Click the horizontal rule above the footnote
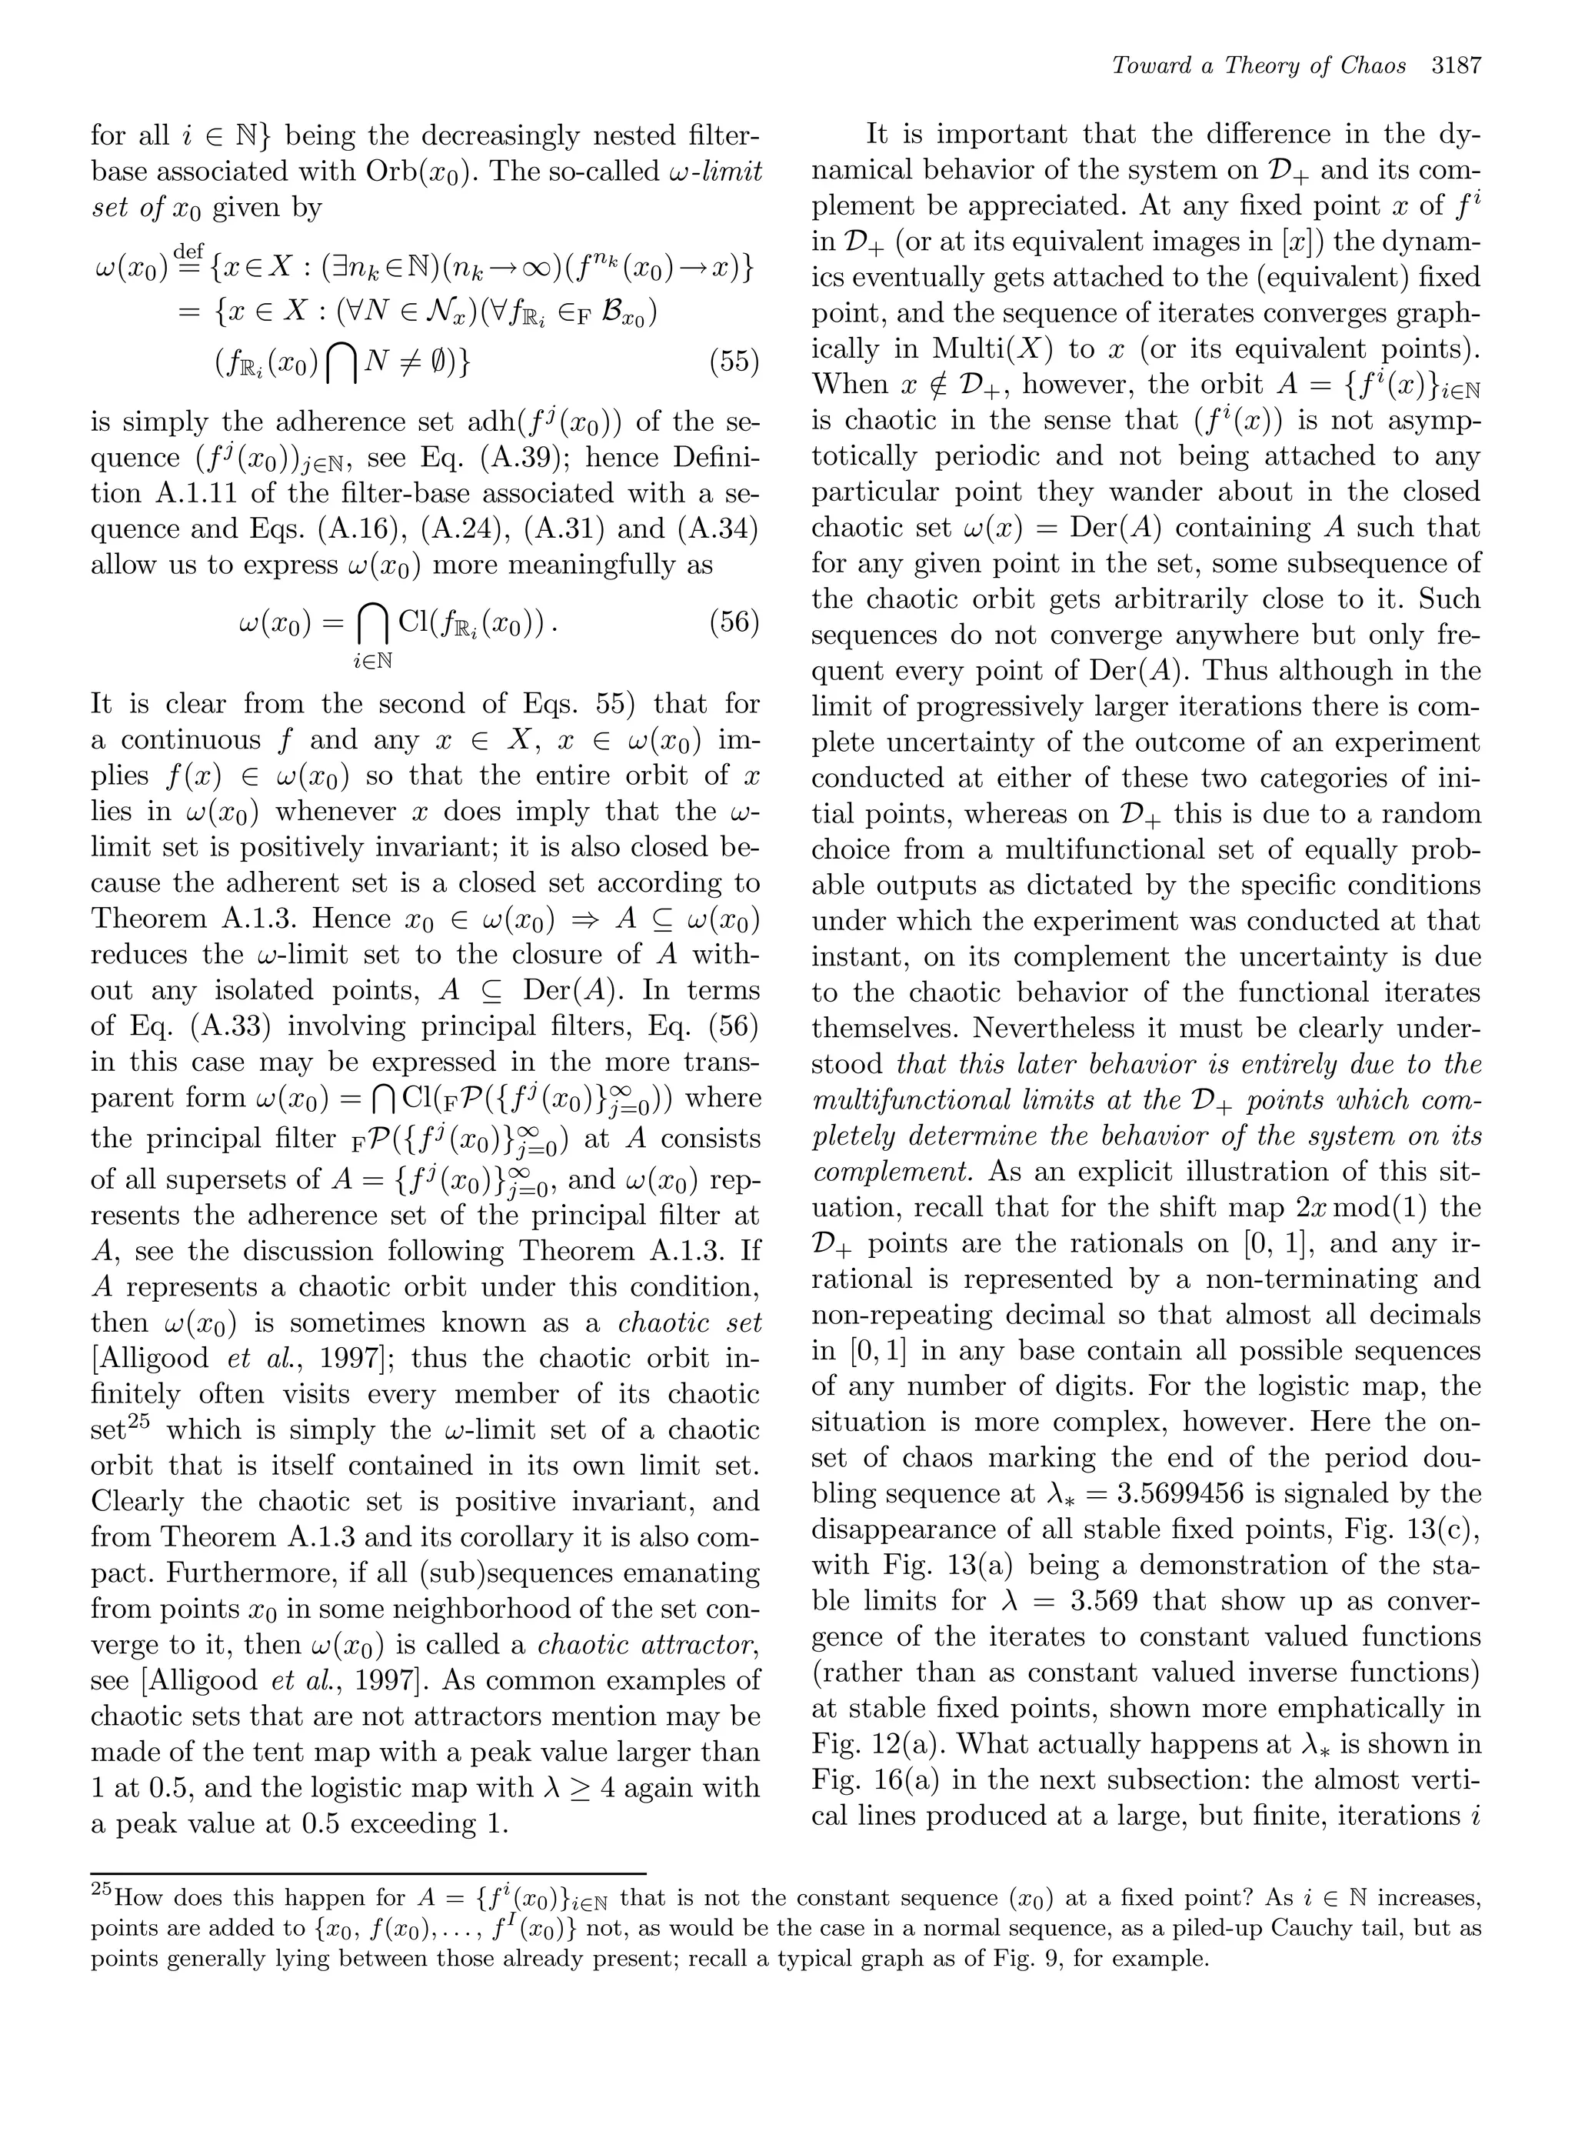[368, 1873]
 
